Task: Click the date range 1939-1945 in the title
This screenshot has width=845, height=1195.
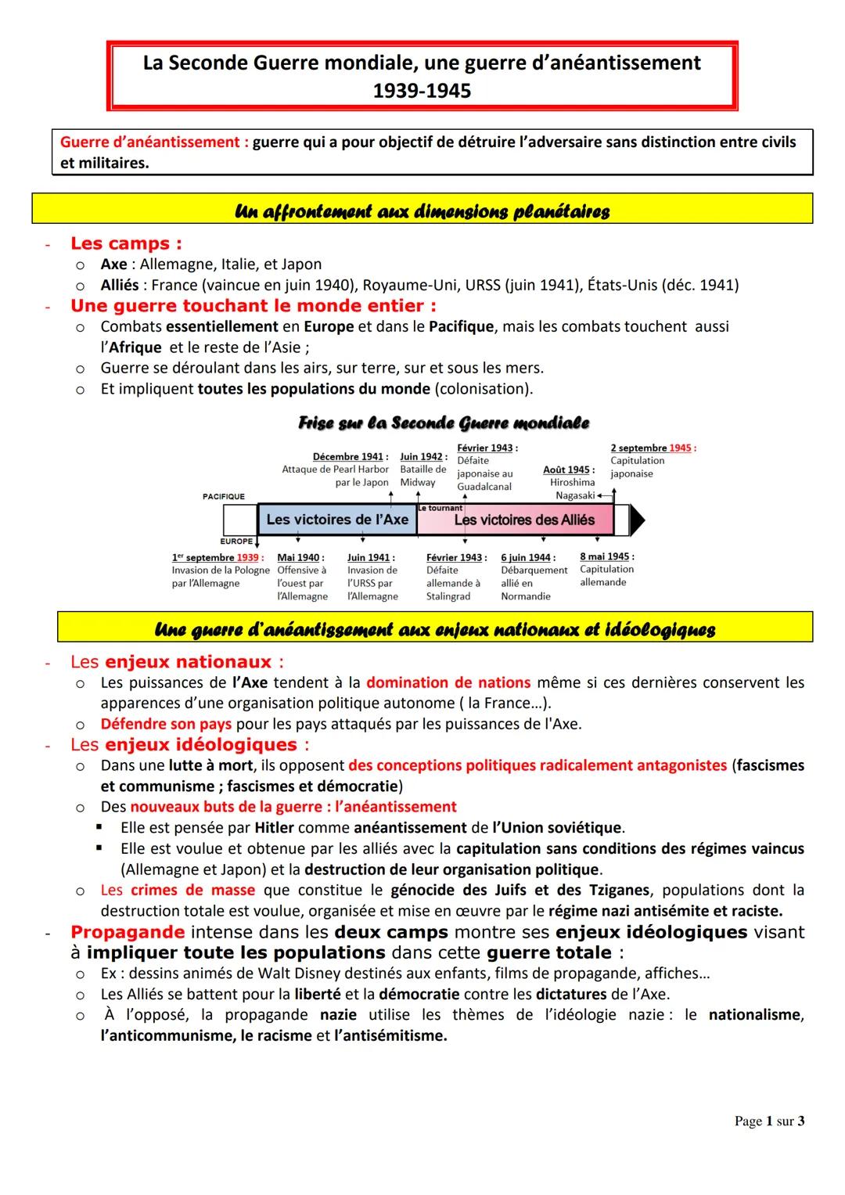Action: click(422, 91)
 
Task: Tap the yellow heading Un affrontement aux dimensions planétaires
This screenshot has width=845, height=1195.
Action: click(422, 211)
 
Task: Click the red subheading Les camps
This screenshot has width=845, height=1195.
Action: click(125, 243)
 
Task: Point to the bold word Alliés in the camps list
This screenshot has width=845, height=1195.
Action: click(119, 285)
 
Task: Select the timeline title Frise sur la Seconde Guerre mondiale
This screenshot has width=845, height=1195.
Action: click(444, 423)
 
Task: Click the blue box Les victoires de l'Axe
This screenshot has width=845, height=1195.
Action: click(337, 520)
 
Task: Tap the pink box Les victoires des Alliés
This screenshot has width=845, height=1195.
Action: click(524, 520)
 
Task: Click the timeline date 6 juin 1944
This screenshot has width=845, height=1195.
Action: click(527, 557)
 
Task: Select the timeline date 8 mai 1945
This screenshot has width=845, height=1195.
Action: click(606, 556)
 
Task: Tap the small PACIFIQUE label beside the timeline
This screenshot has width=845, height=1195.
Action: click(223, 496)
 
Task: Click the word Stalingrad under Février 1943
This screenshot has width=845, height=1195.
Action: click(448, 596)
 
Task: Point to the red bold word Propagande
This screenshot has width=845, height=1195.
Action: click(128, 932)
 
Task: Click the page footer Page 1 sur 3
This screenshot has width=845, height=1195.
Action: click(769, 1121)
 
